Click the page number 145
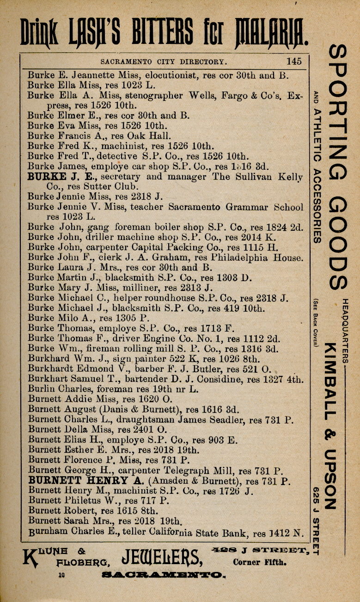pyautogui.click(x=293, y=61)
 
